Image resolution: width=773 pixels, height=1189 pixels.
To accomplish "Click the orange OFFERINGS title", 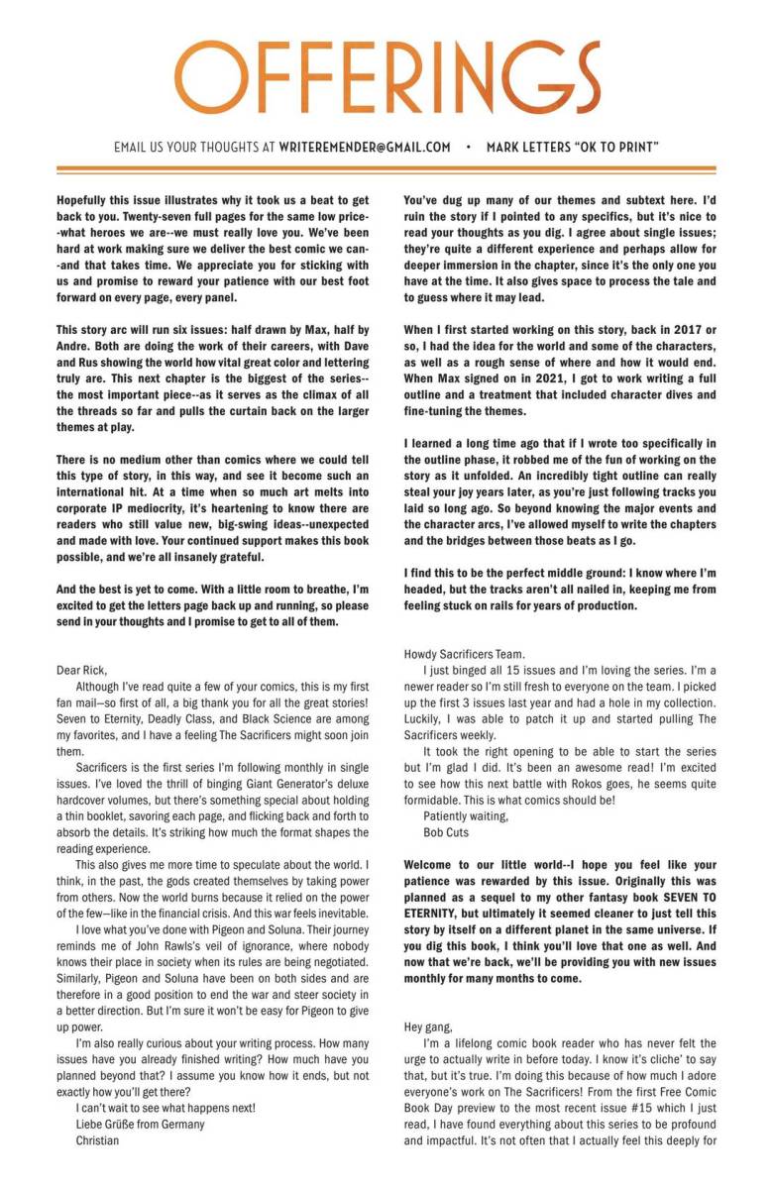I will click(386, 79).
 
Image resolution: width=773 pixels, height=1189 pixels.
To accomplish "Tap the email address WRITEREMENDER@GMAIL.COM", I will click(365, 148).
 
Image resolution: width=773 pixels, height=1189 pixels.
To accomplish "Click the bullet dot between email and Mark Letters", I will click(469, 148).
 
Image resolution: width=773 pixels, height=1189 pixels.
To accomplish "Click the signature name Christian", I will click(97, 1140).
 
